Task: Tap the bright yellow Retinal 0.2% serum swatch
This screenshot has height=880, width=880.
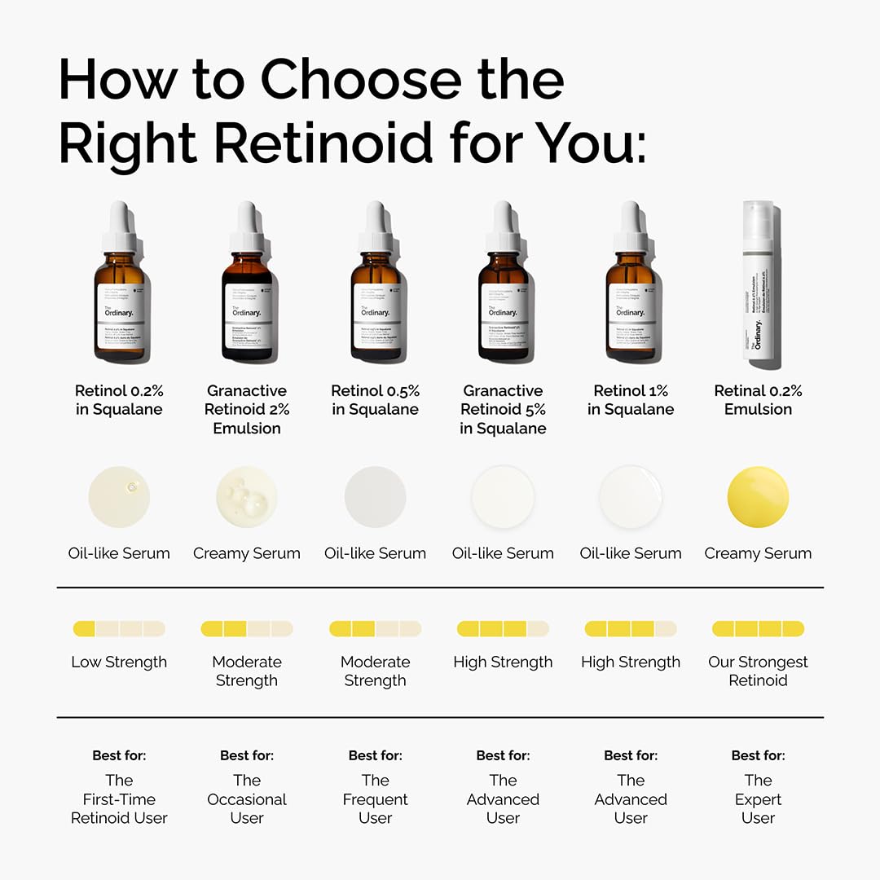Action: coord(758,497)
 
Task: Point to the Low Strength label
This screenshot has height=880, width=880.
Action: coord(119,662)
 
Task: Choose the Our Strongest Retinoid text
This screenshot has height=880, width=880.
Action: coord(758,671)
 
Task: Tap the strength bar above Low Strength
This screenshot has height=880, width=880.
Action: coord(119,629)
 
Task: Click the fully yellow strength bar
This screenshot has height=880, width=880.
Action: coord(758,629)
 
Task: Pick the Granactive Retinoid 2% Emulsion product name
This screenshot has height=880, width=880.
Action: coord(247,410)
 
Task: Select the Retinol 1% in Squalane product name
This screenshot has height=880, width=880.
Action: coord(631,400)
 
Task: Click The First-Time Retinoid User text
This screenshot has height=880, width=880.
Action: coord(119,799)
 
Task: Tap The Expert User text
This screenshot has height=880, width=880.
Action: coord(758,799)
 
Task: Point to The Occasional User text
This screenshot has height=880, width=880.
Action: coord(247,799)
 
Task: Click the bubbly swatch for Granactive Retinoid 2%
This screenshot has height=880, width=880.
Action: coord(247,497)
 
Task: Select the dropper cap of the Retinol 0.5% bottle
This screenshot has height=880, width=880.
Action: coord(376,224)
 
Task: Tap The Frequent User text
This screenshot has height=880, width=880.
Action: coord(376,799)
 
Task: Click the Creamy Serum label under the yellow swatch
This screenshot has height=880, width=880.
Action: coord(758,553)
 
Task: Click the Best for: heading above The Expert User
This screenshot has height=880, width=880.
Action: coord(758,755)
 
